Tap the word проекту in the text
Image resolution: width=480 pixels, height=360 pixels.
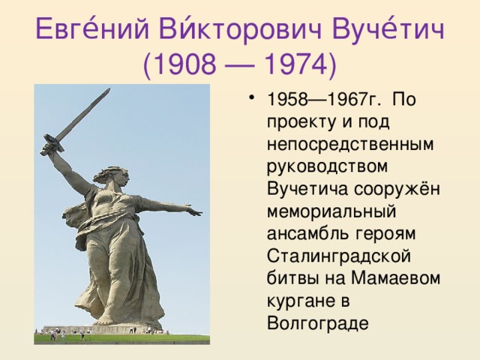298,122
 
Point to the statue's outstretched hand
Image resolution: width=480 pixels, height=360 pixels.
193,212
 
